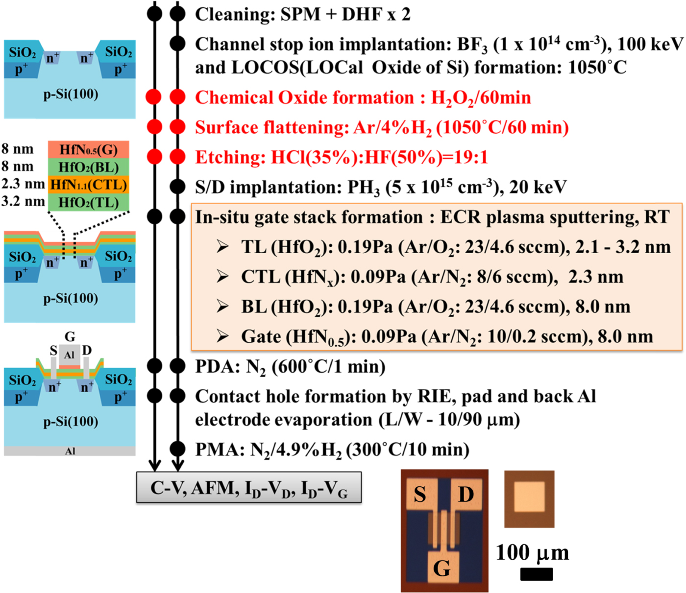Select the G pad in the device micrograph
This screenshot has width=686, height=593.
point(441,568)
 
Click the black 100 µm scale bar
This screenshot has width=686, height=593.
point(536,574)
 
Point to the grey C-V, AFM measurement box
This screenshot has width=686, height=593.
point(249,488)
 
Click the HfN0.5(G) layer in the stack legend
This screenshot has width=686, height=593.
point(89,150)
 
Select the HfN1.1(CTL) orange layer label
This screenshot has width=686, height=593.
point(89,185)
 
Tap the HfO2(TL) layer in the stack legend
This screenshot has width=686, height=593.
point(89,202)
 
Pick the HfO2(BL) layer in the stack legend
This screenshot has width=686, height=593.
point(89,167)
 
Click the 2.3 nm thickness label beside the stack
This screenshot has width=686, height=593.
point(23,184)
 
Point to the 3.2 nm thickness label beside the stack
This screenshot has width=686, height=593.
point(23,202)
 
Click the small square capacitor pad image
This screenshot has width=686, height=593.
point(529,498)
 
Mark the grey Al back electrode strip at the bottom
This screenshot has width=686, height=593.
point(70,451)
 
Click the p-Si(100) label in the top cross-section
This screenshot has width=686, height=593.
point(71,94)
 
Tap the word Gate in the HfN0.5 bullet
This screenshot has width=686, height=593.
point(261,337)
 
